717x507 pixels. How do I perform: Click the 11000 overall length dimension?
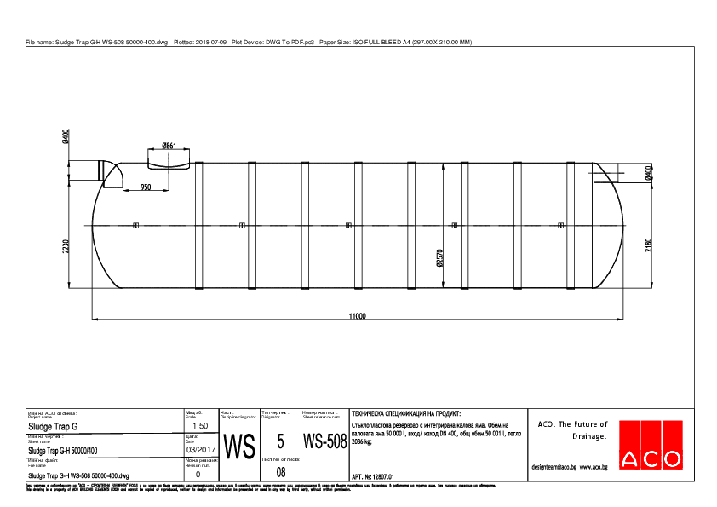pyautogui.click(x=357, y=316)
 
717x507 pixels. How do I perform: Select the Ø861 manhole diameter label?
pyautogui.click(x=169, y=146)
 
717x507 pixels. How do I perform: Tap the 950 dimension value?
pyautogui.click(x=146, y=187)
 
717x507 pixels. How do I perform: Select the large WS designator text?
pyautogui.click(x=238, y=446)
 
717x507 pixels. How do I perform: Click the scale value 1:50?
pyautogui.click(x=201, y=425)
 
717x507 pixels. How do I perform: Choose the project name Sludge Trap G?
pyautogui.click(x=53, y=426)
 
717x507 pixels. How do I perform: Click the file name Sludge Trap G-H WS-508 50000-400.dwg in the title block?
pyautogui.click(x=78, y=475)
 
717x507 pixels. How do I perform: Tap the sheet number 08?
pyautogui.click(x=280, y=471)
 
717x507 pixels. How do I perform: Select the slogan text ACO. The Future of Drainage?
pyautogui.click(x=570, y=430)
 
